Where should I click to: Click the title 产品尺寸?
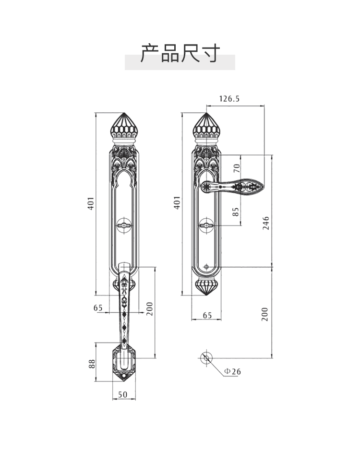point(180,53)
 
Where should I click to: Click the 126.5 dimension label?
point(229,99)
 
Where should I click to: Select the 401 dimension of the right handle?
point(177,202)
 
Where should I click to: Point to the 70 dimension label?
point(236,168)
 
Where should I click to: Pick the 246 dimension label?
point(265,223)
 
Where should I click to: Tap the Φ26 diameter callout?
point(232,371)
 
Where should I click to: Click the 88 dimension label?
point(92,363)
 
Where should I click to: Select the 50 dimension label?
point(122,394)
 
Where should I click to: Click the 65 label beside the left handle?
point(98,308)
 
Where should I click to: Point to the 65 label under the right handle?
point(207,315)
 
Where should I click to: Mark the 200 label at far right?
point(265,314)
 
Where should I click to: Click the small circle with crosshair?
point(206,357)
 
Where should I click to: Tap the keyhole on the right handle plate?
point(207,224)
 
